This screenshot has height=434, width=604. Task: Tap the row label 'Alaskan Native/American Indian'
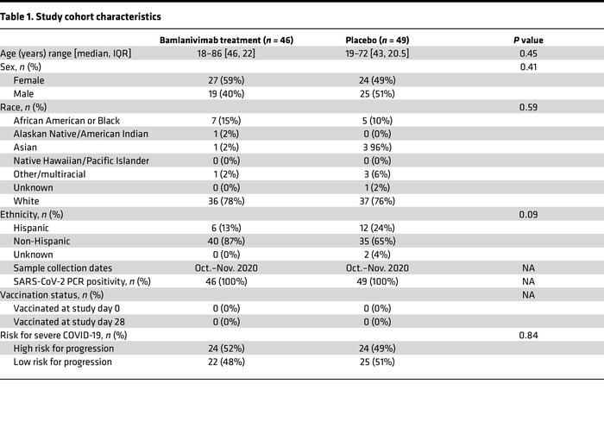81,134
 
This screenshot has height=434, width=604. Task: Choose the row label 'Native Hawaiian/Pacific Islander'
82,160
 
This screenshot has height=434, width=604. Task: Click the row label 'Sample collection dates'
62,267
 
